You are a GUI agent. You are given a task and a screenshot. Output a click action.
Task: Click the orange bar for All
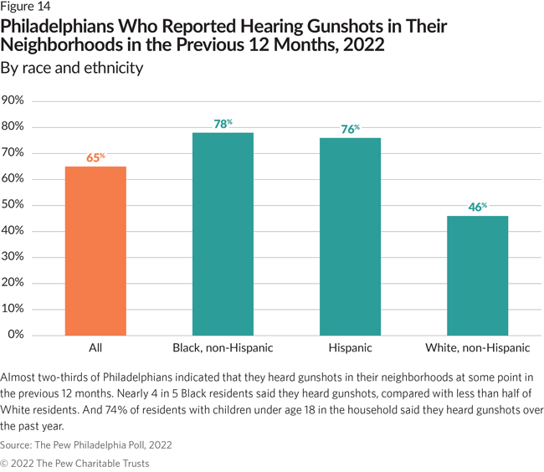[95, 250]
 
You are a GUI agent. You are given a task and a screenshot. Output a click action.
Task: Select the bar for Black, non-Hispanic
[223, 233]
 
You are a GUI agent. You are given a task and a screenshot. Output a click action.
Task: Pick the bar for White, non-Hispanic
[477, 275]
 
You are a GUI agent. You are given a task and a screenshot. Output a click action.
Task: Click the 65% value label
[95, 157]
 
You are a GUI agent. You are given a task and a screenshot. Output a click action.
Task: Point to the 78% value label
[223, 124]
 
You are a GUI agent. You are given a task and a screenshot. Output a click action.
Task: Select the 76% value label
[350, 129]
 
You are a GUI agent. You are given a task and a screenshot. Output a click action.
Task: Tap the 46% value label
[477, 207]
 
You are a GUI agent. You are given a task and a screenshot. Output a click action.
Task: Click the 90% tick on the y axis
[16, 100]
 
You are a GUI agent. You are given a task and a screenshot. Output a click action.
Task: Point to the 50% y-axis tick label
[16, 205]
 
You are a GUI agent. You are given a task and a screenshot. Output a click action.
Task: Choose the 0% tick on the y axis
[18, 335]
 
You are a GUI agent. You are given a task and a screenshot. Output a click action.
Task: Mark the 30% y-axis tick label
[16, 257]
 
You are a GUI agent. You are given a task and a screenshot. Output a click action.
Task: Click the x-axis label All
[95, 347]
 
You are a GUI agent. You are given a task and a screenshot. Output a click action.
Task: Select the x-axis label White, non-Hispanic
[477, 347]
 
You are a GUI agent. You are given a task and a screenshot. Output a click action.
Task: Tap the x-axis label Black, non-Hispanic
[223, 347]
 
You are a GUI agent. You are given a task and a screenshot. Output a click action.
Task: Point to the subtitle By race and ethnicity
[72, 68]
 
